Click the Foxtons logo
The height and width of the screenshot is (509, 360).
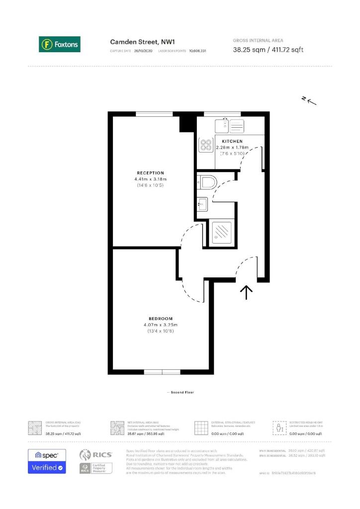click(x=60, y=44)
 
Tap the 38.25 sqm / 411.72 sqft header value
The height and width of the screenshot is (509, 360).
click(x=268, y=49)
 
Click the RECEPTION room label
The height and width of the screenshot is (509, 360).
click(x=150, y=173)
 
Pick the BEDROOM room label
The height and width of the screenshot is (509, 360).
click(x=160, y=319)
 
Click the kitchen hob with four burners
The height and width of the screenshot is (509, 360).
click(x=206, y=145)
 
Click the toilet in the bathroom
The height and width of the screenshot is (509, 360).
click(x=205, y=182)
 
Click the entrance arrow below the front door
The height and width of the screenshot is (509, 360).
click(x=247, y=292)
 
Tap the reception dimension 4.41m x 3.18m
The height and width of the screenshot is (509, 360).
click(x=150, y=179)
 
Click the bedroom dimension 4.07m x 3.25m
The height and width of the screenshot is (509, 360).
click(x=160, y=325)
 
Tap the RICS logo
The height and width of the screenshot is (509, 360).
click(x=92, y=454)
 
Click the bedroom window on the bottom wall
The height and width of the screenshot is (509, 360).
click(x=162, y=372)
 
